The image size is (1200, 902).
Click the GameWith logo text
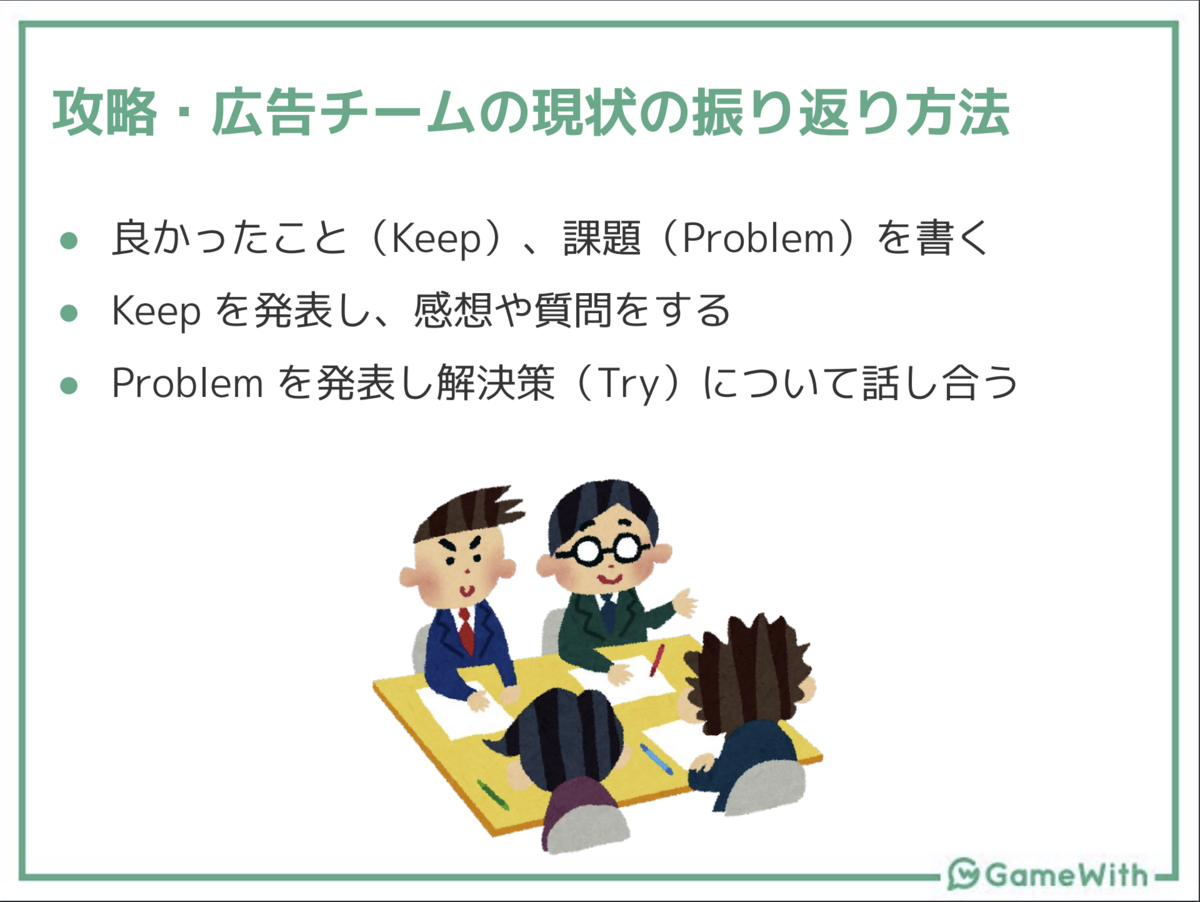point(1068,875)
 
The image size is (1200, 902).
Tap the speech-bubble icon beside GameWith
point(964,874)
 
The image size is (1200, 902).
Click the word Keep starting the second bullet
point(156,311)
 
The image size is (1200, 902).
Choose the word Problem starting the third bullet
point(188,383)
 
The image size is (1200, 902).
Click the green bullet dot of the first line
point(69,240)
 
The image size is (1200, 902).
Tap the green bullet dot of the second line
point(69,313)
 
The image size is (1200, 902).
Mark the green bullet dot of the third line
point(69,385)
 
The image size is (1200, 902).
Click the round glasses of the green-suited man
point(602,549)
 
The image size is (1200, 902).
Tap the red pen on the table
point(657,660)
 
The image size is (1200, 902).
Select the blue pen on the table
point(656,757)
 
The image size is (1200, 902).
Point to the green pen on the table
point(493,794)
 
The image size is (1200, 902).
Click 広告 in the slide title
point(264,113)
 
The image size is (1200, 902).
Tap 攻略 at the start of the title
point(104,113)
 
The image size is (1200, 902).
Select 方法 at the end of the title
point(957,113)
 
